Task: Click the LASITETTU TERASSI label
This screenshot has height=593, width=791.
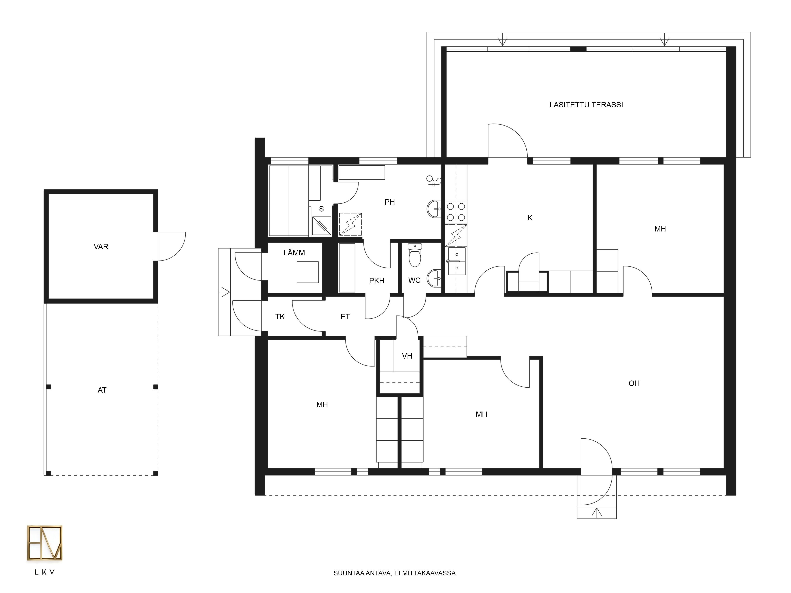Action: coord(586,105)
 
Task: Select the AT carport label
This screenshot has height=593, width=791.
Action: coord(102,390)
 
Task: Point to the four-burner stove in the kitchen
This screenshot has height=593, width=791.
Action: coord(456,212)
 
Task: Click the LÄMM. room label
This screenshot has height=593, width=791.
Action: coord(295,253)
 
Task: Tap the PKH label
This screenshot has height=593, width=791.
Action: coord(377,281)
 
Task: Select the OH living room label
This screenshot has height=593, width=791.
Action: coord(634,383)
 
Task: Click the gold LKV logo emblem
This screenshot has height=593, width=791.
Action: coord(45,543)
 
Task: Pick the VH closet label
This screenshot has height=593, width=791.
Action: coord(407,356)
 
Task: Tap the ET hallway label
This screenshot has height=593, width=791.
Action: coord(345,317)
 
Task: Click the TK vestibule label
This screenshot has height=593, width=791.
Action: coord(280,317)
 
